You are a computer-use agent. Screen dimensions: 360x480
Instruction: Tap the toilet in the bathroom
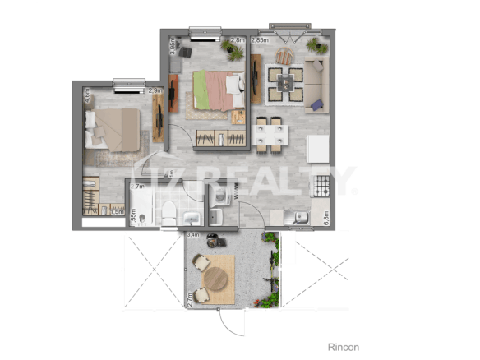click(167, 213)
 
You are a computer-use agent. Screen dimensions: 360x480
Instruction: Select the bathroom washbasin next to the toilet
click(191, 217)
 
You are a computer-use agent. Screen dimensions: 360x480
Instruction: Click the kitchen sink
click(302, 218)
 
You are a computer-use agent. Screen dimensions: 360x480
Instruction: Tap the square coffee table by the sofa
click(284, 81)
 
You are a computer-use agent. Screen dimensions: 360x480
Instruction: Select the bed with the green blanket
click(218, 90)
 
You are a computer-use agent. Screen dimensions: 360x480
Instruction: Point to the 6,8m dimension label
click(325, 218)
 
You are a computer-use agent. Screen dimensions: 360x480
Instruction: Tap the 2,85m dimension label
click(261, 39)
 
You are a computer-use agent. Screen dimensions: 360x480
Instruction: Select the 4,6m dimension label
click(86, 95)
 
